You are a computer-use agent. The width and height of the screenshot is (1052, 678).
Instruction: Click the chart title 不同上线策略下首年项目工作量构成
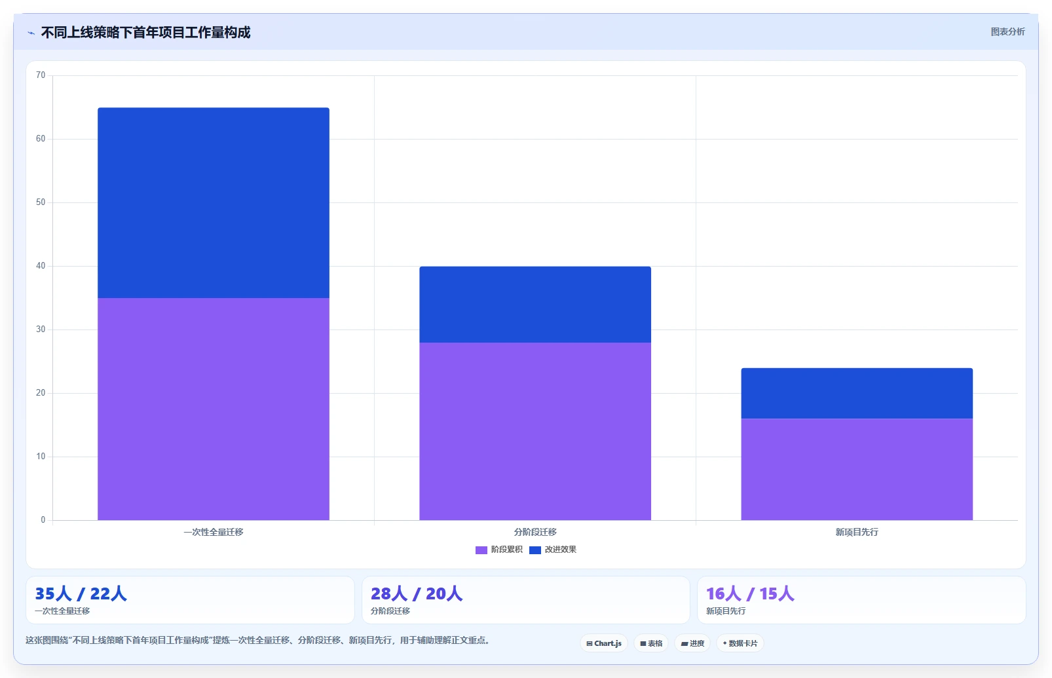145,32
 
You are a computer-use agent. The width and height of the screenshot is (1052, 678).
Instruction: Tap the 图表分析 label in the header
1007,31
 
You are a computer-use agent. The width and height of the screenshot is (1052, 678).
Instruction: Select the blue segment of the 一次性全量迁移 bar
214,203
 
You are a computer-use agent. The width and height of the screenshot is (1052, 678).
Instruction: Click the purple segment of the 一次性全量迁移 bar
214,409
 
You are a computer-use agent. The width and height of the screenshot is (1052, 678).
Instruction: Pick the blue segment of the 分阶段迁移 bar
535,305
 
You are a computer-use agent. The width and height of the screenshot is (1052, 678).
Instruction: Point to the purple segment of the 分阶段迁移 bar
535,432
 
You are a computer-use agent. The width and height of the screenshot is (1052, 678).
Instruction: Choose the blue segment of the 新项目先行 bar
857,394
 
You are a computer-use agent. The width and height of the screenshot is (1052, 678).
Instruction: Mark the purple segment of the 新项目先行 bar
857,470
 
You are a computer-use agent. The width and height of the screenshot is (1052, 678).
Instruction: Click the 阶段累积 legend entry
498,550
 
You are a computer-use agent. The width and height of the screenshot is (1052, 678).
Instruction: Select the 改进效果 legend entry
553,550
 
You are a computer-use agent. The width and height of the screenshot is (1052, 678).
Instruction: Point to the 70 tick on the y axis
41,75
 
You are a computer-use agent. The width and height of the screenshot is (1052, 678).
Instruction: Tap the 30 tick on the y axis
41,329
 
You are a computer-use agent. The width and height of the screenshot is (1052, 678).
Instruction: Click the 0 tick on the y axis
43,519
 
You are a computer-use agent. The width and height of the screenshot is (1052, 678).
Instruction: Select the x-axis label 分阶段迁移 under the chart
535,532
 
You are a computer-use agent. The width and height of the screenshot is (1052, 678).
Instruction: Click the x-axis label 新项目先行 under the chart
857,532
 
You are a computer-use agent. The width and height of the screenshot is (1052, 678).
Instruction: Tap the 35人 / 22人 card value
81,593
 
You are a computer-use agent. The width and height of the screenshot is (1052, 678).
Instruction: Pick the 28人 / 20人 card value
417,593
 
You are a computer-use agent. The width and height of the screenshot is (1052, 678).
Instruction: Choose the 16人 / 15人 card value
750,593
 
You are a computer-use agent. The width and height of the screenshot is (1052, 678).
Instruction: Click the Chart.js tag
604,643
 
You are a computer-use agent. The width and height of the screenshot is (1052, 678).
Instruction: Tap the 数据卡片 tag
740,643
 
